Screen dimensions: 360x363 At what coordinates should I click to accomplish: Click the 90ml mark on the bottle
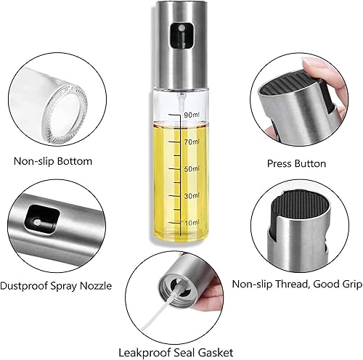pos(192,115)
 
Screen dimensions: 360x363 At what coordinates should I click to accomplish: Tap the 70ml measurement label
pos(192,142)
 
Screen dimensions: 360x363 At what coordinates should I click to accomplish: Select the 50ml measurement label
pos(192,169)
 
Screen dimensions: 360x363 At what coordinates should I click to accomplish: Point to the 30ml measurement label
pos(192,195)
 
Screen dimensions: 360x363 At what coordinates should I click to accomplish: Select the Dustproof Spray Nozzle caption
pos(56,286)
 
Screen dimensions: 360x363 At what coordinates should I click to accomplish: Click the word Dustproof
pos(28,286)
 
